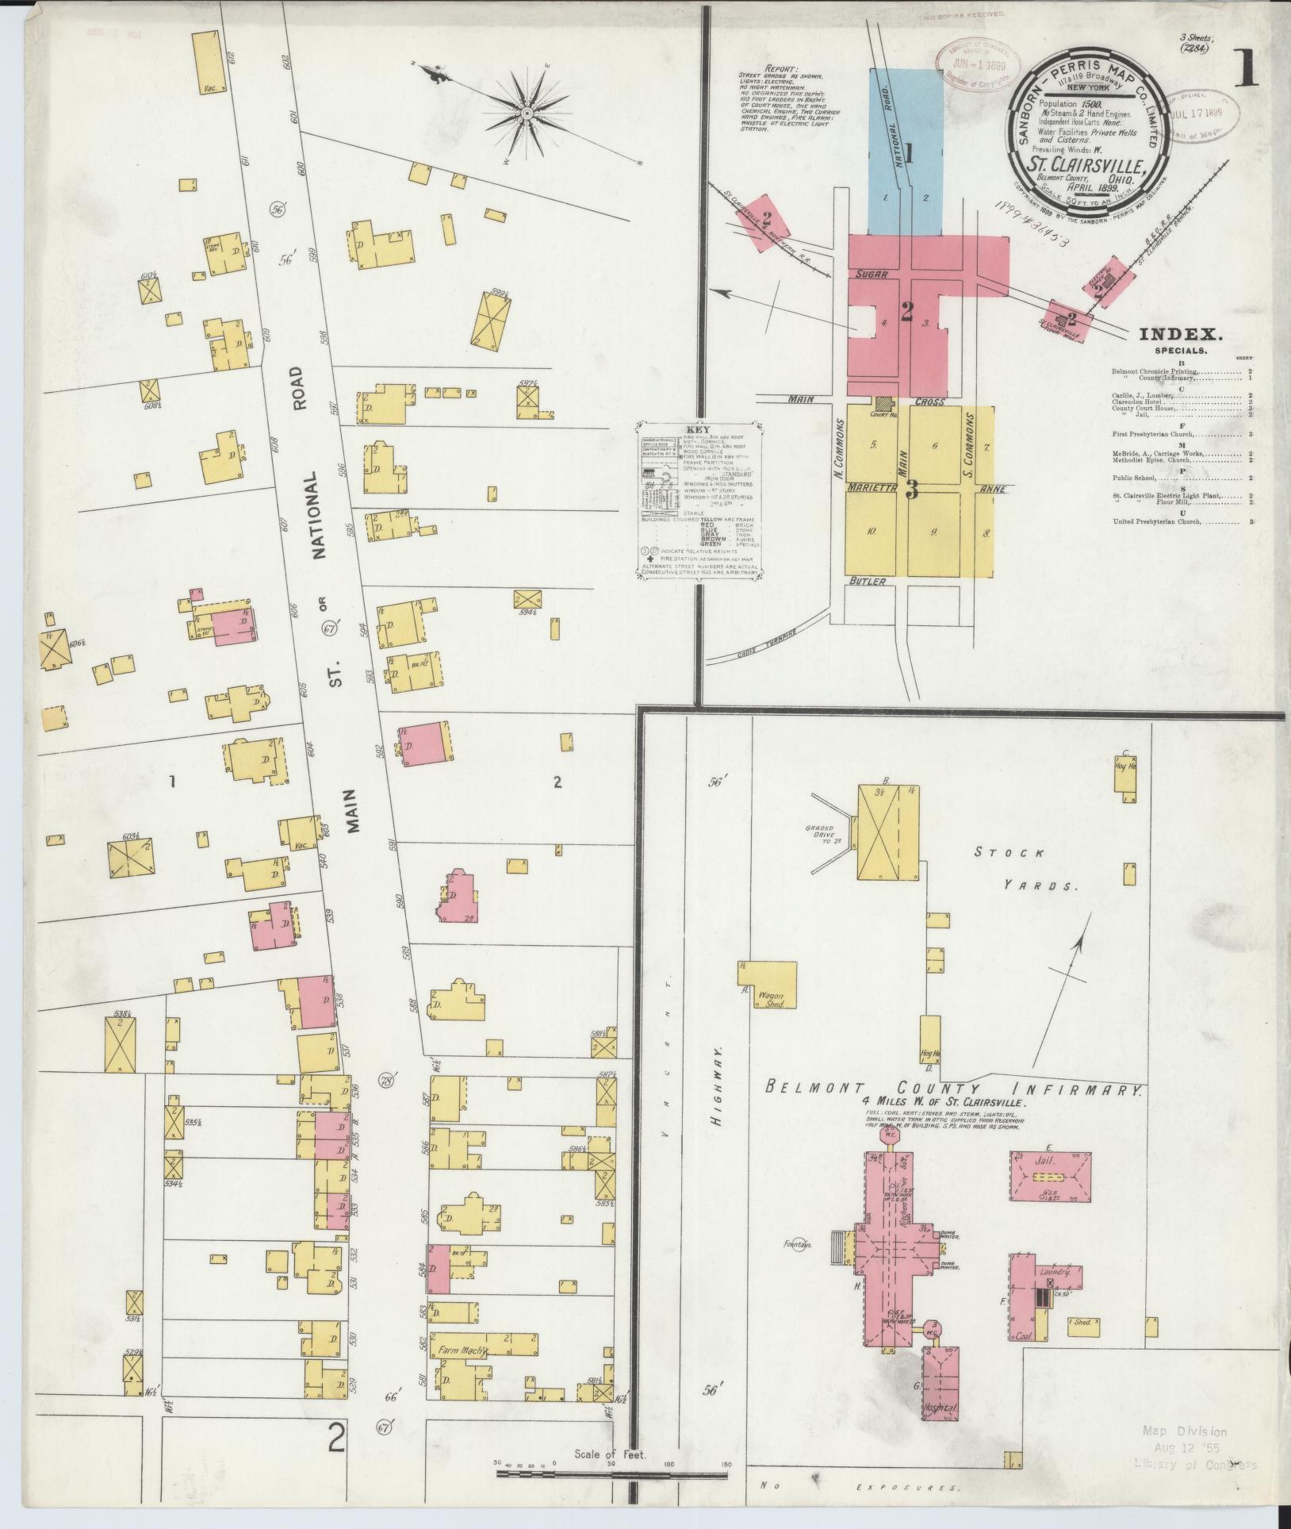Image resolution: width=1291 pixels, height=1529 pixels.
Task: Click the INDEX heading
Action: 1181,335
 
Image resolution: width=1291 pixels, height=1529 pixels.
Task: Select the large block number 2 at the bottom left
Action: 337,1437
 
